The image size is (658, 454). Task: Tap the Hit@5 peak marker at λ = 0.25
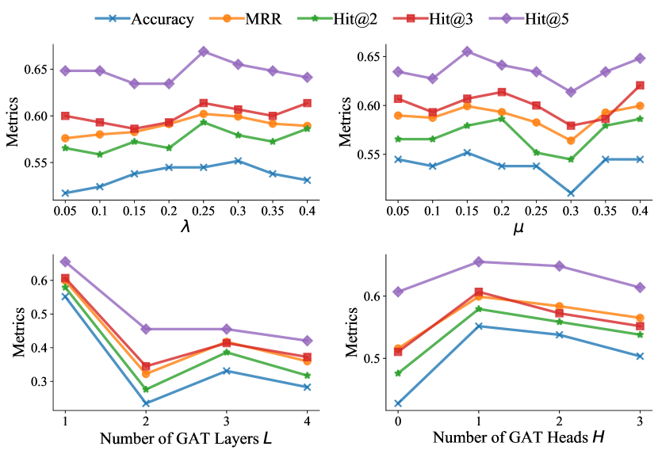click(x=204, y=52)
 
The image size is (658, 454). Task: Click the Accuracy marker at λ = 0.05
click(x=65, y=193)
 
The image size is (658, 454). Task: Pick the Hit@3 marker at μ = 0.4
click(x=640, y=85)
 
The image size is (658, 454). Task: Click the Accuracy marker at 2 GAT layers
click(x=146, y=403)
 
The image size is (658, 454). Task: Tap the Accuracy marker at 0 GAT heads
click(x=398, y=403)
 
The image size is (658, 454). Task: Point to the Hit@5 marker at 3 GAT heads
click(x=640, y=287)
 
